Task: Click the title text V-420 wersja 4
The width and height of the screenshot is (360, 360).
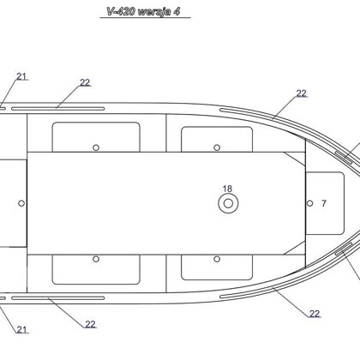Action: pyautogui.click(x=143, y=11)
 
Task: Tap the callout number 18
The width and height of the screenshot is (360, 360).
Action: pyautogui.click(x=227, y=189)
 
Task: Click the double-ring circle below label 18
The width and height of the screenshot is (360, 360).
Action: pyautogui.click(x=228, y=203)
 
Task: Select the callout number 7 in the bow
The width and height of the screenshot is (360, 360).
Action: pyautogui.click(x=324, y=203)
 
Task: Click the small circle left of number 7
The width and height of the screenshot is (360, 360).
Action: pyautogui.click(x=309, y=203)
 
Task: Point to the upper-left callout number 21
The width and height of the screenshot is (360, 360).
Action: pyautogui.click(x=21, y=76)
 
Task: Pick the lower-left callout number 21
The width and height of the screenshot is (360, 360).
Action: pyautogui.click(x=21, y=330)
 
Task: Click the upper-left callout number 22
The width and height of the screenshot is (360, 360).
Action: pyautogui.click(x=85, y=82)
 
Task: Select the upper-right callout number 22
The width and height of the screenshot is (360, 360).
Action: pyautogui.click(x=301, y=93)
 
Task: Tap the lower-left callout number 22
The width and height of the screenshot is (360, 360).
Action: pyautogui.click(x=90, y=324)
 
